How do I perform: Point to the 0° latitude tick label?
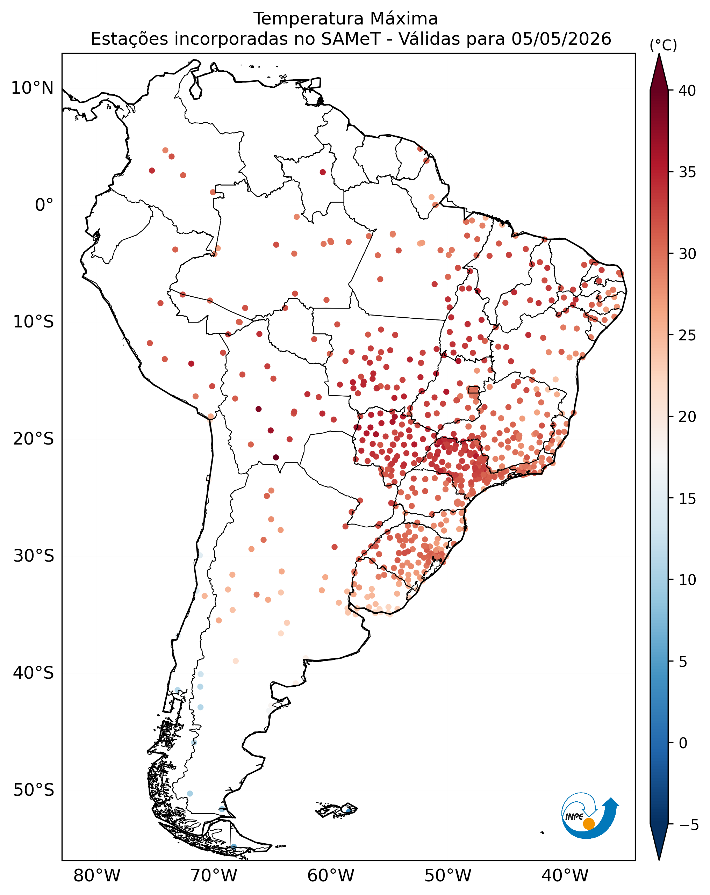coord(44,205)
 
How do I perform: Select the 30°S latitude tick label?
coord(34,556)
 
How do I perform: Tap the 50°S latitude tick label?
coord(34,790)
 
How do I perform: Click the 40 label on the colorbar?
coord(687,91)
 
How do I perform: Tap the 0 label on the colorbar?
coord(683,743)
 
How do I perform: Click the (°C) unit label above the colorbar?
coord(663,45)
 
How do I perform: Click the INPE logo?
coord(590,818)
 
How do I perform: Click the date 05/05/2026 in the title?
coord(561,39)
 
